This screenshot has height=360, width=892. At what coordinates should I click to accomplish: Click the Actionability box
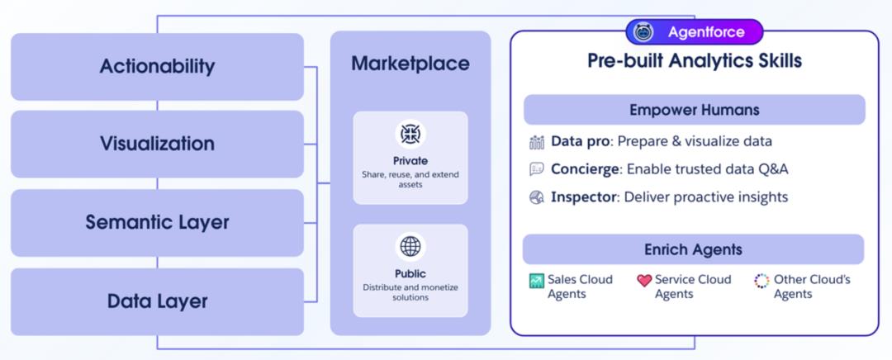[157, 66]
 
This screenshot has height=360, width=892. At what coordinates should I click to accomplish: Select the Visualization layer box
[157, 144]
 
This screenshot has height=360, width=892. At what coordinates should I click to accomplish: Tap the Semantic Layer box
[157, 222]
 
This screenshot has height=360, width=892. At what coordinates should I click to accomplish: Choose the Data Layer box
[157, 301]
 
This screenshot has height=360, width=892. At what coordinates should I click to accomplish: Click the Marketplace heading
[410, 64]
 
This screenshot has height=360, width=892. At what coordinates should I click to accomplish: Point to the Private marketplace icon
[410, 133]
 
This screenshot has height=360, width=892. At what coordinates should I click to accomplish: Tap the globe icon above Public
[410, 245]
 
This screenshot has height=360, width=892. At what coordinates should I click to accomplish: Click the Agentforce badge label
[705, 32]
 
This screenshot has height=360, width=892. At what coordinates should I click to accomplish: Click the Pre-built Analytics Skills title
[695, 61]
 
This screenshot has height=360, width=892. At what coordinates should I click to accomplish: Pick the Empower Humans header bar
[695, 110]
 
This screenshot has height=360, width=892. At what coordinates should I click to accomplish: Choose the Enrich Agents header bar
[694, 249]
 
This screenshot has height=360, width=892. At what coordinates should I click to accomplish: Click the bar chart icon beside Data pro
[537, 142]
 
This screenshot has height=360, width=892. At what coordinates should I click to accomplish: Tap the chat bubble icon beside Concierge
[537, 169]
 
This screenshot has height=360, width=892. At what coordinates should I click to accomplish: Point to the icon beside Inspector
[537, 197]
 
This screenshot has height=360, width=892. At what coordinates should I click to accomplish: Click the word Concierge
[586, 169]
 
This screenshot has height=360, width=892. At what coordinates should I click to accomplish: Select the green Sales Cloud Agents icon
[537, 281]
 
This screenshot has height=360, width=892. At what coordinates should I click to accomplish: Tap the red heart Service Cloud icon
[644, 281]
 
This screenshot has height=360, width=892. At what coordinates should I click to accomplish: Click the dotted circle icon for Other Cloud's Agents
[762, 281]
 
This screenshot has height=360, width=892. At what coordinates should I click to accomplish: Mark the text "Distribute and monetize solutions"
[410, 291]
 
